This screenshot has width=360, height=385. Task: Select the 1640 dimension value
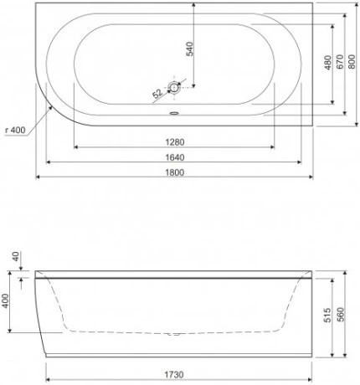coord(174,157)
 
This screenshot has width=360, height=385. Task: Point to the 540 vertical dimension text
coord(190,48)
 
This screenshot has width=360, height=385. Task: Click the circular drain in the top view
coord(174,87)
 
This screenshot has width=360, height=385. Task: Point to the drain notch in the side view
coord(174,334)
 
